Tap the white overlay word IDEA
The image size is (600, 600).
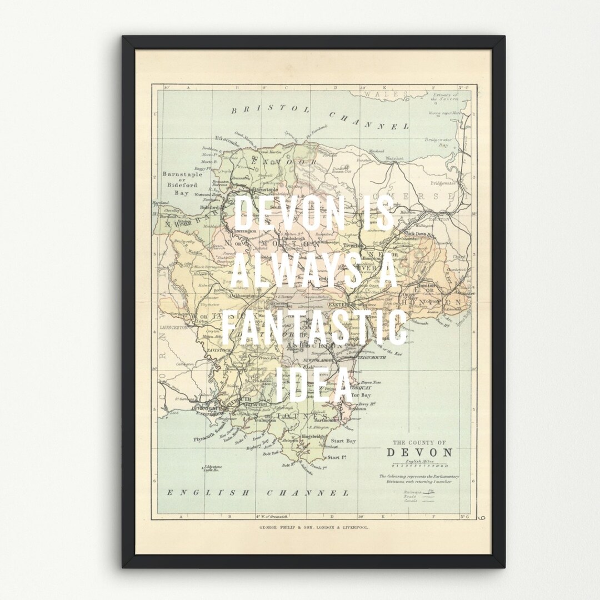tap(314, 384)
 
